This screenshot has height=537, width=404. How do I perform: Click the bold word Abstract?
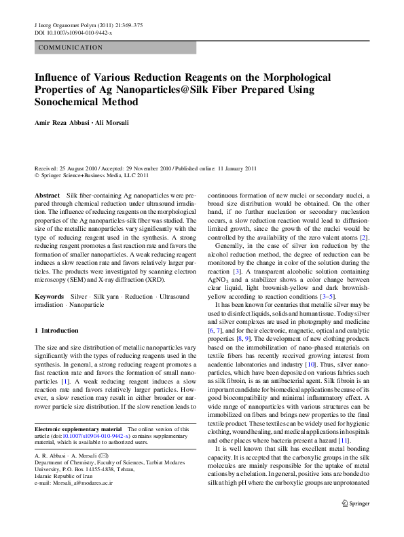click(48, 195)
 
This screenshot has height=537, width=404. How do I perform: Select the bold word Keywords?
click(50, 297)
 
